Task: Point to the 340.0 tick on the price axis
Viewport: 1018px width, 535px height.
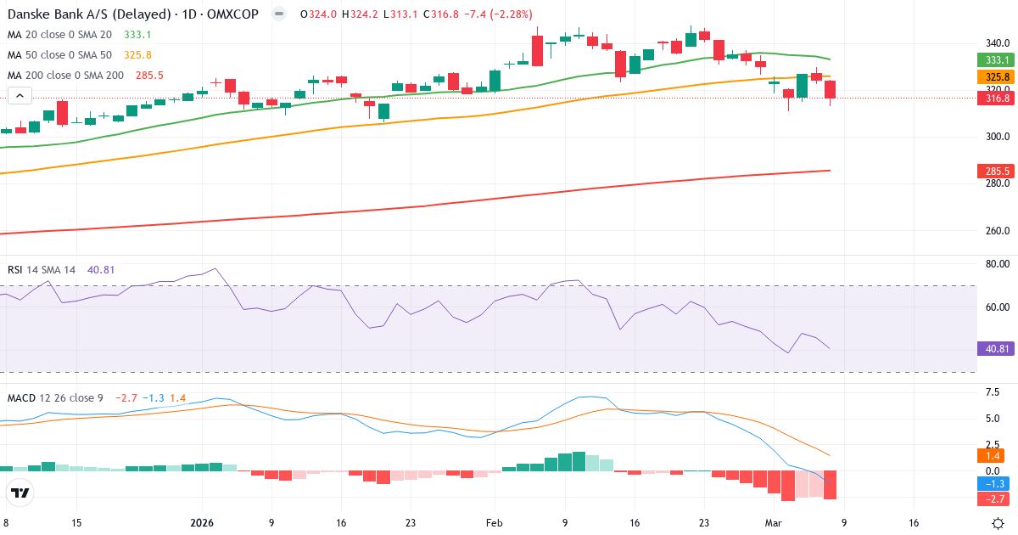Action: (x=997, y=42)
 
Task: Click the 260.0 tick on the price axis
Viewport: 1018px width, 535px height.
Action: (x=997, y=230)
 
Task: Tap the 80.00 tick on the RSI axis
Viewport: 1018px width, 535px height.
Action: (x=997, y=264)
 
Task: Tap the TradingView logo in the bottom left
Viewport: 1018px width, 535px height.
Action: (x=20, y=493)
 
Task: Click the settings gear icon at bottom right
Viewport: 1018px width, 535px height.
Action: (x=998, y=523)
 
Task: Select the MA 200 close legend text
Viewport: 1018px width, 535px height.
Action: (x=66, y=76)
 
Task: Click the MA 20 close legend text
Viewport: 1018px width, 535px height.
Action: (x=59, y=35)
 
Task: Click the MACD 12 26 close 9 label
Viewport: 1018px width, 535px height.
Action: (x=56, y=398)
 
